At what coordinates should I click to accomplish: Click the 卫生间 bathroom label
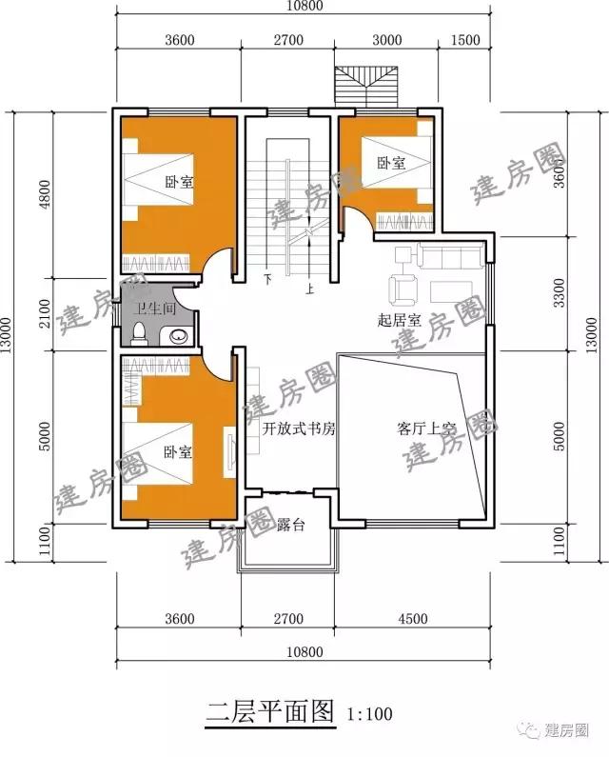point(155,308)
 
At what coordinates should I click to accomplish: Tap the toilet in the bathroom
point(139,333)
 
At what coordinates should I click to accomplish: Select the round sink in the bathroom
point(178,336)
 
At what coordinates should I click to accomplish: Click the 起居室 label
point(399,320)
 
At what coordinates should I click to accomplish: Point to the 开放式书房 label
point(299,428)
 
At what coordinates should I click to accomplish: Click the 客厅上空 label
point(425,428)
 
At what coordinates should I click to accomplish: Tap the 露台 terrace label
point(290,525)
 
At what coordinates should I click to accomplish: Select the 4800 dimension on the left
point(45,194)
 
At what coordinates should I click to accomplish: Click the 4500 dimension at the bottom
point(413,618)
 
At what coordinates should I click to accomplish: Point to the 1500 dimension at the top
point(465,40)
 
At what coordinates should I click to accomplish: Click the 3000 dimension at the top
point(387,40)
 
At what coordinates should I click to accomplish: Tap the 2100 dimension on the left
point(45,313)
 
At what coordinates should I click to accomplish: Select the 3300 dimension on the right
point(559,292)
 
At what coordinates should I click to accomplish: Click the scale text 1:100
point(369,713)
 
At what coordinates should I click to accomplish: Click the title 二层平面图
point(269,711)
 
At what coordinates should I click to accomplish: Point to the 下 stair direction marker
point(267,279)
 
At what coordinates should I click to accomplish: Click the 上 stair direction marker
point(309,289)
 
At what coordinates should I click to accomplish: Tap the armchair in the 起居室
point(403,290)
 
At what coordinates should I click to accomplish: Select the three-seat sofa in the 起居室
point(450,255)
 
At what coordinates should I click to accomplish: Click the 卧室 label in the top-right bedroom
point(391,163)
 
